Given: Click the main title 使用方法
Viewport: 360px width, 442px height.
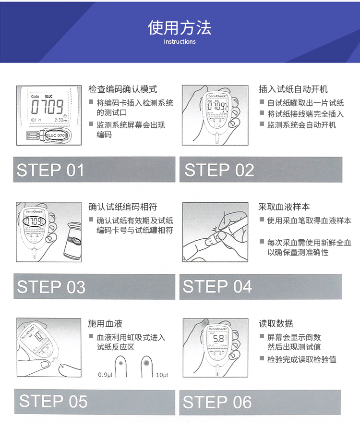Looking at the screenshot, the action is pyautogui.click(x=180, y=28).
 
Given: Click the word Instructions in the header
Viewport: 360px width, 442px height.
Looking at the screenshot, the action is pyautogui.click(x=180, y=42).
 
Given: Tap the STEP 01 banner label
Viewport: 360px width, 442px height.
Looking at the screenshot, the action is pyautogui.click(x=50, y=170).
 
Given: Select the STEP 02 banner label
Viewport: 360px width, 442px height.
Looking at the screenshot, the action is pyautogui.click(x=219, y=170).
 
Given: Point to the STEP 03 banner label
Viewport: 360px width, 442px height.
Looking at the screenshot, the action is pyautogui.click(x=51, y=287).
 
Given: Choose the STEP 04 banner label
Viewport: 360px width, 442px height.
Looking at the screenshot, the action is pyautogui.click(x=217, y=286).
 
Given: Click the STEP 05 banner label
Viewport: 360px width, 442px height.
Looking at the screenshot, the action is pyautogui.click(x=53, y=401).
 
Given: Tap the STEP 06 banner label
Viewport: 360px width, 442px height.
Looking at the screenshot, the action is pyautogui.click(x=217, y=402).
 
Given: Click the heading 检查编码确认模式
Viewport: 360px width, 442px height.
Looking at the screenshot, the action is pyautogui.click(x=123, y=89).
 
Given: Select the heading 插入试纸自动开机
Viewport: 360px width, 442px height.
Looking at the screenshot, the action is pyautogui.click(x=293, y=89).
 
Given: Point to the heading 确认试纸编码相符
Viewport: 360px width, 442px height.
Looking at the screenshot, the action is pyautogui.click(x=123, y=207).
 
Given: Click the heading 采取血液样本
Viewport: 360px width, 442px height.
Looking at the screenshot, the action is pyautogui.click(x=284, y=207).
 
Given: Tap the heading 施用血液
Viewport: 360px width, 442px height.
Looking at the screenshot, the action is pyautogui.click(x=105, y=323).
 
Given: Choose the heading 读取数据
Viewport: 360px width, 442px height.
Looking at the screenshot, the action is pyautogui.click(x=276, y=323).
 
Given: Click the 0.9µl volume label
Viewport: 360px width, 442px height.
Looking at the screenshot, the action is pyautogui.click(x=105, y=375).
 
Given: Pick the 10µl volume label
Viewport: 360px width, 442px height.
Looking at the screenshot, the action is pyautogui.click(x=162, y=375).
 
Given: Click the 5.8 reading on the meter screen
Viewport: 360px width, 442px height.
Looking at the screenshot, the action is pyautogui.click(x=218, y=339).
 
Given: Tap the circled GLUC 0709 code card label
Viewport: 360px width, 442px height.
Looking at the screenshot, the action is pyautogui.click(x=57, y=135).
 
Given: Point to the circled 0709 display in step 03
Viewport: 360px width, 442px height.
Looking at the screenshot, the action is pyautogui.click(x=34, y=221).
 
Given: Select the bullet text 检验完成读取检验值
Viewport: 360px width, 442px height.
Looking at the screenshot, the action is pyautogui.click(x=302, y=359).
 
